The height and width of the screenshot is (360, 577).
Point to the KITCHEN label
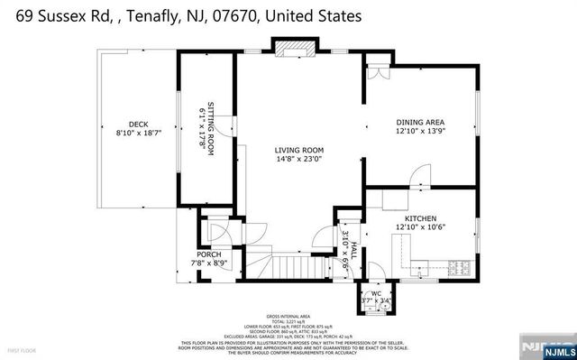(x=420, y=219)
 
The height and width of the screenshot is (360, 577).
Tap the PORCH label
(x=209, y=254)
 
